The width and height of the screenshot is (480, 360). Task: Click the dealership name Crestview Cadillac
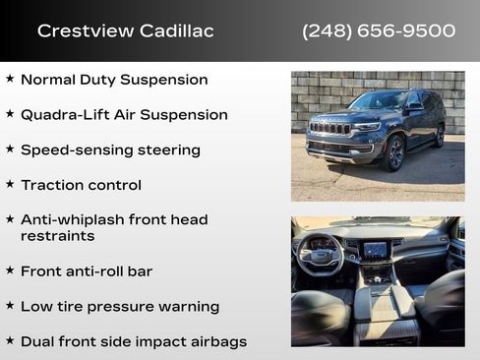pyautogui.click(x=125, y=31)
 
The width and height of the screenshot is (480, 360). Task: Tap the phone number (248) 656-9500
pyautogui.click(x=379, y=31)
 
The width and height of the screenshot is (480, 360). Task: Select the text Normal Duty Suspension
pyautogui.click(x=114, y=80)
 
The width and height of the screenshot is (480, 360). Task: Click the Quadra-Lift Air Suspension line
pyautogui.click(x=124, y=115)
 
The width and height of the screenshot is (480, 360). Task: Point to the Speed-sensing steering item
pyautogui.click(x=110, y=150)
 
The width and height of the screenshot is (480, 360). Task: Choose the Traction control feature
pyautogui.click(x=81, y=185)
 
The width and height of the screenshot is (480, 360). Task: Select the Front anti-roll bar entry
pyautogui.click(x=87, y=270)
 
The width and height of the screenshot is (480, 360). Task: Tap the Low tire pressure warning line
pyautogui.click(x=119, y=306)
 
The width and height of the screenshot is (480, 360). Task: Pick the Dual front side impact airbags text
pyautogui.click(x=134, y=341)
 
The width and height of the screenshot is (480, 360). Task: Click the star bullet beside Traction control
pyautogui.click(x=10, y=184)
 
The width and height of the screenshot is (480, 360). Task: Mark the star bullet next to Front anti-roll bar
pyautogui.click(x=10, y=270)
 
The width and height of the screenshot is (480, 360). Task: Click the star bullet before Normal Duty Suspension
pyautogui.click(x=10, y=79)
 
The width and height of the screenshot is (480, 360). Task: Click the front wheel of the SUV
pyautogui.click(x=395, y=152)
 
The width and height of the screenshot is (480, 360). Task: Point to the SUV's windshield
pyautogui.click(x=378, y=101)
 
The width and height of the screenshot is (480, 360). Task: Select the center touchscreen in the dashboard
pyautogui.click(x=376, y=251)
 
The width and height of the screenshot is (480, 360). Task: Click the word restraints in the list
pyautogui.click(x=56, y=237)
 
